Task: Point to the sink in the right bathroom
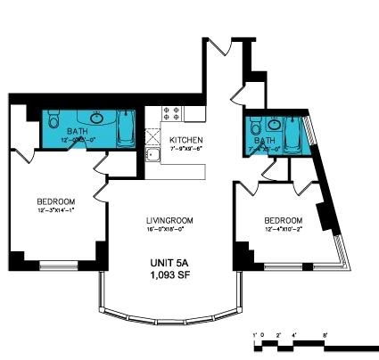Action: [x=275, y=124]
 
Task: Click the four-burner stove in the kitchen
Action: [x=171, y=114]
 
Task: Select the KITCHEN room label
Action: [x=186, y=140]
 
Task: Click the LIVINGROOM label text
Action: [x=169, y=219]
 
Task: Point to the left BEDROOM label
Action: [x=55, y=200]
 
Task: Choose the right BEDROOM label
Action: [x=283, y=220]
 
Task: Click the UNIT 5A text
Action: [x=169, y=264]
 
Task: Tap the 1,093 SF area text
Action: [x=169, y=276]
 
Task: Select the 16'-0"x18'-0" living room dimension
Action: [x=169, y=228]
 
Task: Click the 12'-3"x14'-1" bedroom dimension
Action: [x=55, y=209]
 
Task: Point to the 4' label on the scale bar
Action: [x=293, y=335]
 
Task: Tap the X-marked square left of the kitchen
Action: [x=152, y=137]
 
